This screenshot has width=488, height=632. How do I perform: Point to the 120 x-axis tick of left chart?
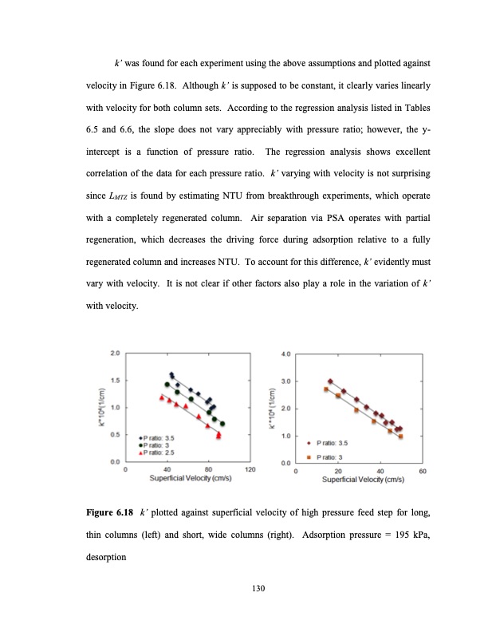coord(250,470)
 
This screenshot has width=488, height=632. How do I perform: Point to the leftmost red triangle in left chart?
coord(162,397)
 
